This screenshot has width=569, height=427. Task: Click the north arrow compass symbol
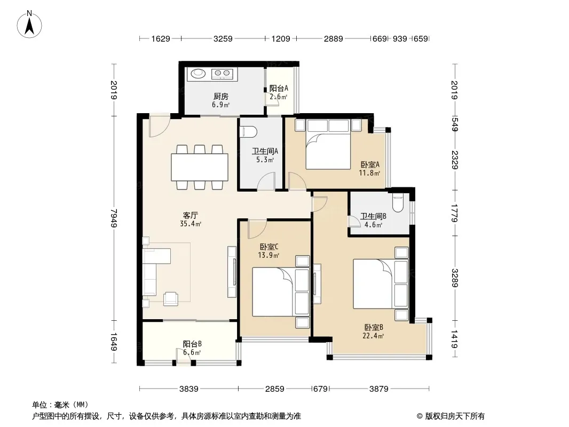point(29,25)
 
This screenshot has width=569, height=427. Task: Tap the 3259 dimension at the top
point(223,38)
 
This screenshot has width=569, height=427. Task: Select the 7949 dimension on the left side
point(114,218)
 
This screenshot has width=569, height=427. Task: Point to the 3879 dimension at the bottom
point(379,389)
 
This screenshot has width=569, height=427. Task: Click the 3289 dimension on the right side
point(455,278)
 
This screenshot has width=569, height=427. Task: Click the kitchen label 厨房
point(220,96)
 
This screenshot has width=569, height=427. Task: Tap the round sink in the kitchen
point(198,74)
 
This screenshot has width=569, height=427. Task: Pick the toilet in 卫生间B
point(398,203)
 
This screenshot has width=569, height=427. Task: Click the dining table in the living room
point(200,167)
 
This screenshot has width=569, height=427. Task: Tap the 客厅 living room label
point(190,215)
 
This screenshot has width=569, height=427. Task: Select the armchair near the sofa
point(171,299)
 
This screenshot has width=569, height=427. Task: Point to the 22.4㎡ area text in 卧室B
point(373,336)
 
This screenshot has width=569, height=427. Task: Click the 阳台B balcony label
point(192,344)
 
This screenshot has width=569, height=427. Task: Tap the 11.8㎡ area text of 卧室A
point(369,173)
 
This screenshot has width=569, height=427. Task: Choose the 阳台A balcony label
point(279,88)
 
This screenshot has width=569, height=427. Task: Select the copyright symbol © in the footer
point(420,416)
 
